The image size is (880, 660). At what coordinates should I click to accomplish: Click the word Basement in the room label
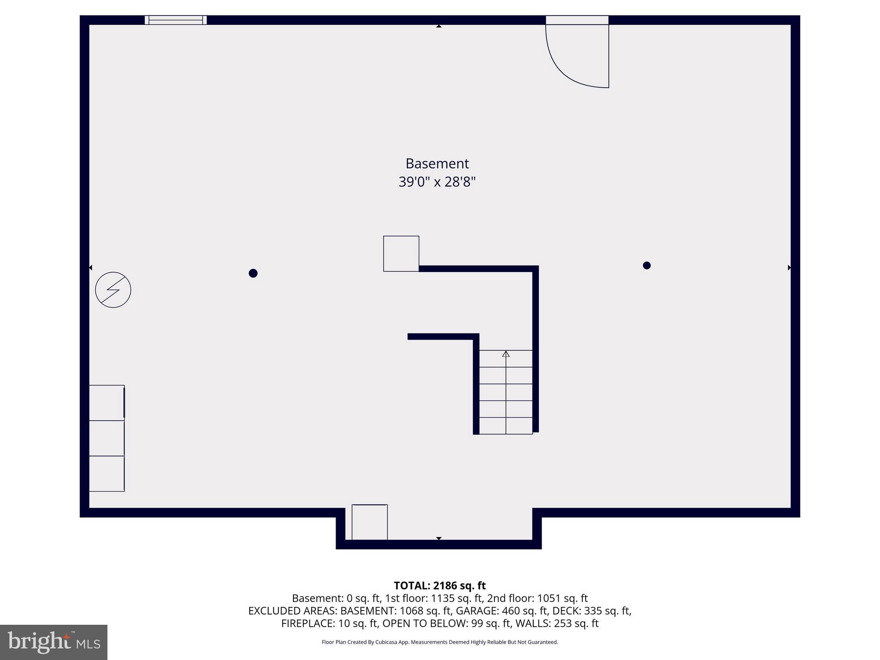pyautogui.click(x=437, y=163)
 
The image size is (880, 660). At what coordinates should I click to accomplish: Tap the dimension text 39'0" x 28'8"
pyautogui.click(x=437, y=182)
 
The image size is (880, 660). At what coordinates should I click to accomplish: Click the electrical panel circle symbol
pyautogui.click(x=113, y=290)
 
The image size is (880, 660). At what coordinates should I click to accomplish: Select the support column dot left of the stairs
pyautogui.click(x=253, y=273)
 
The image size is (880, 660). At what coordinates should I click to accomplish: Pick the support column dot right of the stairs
pyautogui.click(x=647, y=266)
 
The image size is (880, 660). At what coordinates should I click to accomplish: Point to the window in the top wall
pyautogui.click(x=175, y=20)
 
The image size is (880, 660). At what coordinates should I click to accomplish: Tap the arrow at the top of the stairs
pyautogui.click(x=506, y=354)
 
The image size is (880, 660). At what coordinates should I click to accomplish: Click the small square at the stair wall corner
pyautogui.click(x=401, y=254)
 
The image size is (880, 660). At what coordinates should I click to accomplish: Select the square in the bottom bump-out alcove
pyautogui.click(x=370, y=522)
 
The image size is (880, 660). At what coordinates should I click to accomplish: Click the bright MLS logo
pyautogui.click(x=54, y=642)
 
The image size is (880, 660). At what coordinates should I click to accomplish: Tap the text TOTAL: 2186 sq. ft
pyautogui.click(x=440, y=586)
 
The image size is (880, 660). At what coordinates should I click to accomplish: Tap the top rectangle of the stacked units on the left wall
pyautogui.click(x=107, y=403)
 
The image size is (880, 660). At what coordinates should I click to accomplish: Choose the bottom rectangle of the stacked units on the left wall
pyautogui.click(x=107, y=474)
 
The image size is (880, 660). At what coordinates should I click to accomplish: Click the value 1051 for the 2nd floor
pyautogui.click(x=548, y=598)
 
